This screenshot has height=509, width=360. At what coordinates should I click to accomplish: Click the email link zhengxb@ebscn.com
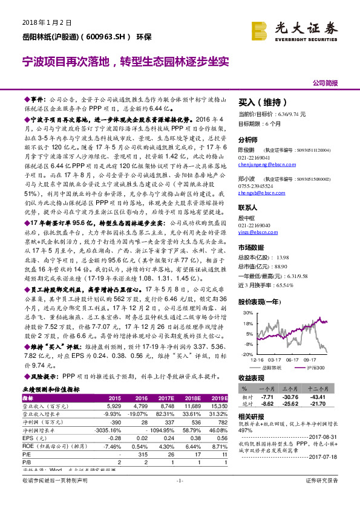[x=257, y=193]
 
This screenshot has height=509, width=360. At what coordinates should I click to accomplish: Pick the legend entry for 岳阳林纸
[x=275, y=366]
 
